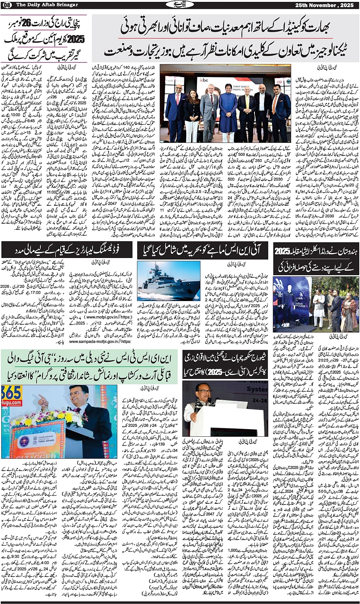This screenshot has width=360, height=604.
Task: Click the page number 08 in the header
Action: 8,4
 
